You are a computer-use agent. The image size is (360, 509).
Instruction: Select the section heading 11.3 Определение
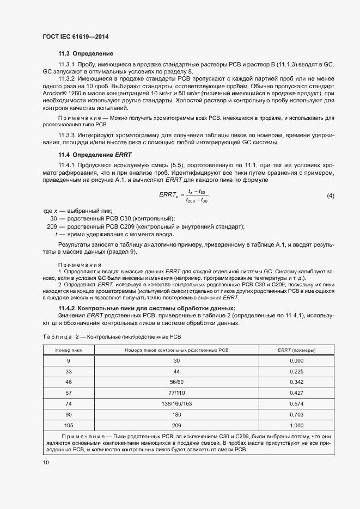click(x=86, y=53)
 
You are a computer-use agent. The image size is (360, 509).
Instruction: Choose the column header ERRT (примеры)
click(x=296, y=350)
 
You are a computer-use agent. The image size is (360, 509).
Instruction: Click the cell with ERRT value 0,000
click(x=296, y=361)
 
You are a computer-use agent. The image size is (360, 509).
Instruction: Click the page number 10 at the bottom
click(x=46, y=462)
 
